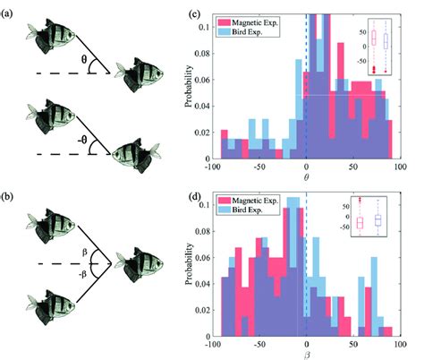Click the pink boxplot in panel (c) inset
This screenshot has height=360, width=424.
click(x=374, y=39)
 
